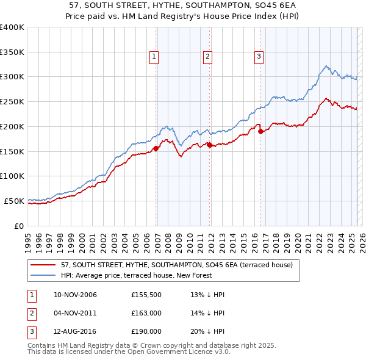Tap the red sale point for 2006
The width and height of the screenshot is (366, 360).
click(156, 148)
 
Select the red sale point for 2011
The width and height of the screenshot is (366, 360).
click(210, 145)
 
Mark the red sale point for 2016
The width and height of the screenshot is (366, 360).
click(260, 131)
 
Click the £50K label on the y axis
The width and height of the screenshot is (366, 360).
click(14, 201)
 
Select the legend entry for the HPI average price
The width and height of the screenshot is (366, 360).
click(135, 275)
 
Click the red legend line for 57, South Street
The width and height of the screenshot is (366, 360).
click(44, 265)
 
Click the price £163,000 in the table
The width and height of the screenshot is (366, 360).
click(146, 314)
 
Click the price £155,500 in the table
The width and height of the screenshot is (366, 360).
click(146, 295)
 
